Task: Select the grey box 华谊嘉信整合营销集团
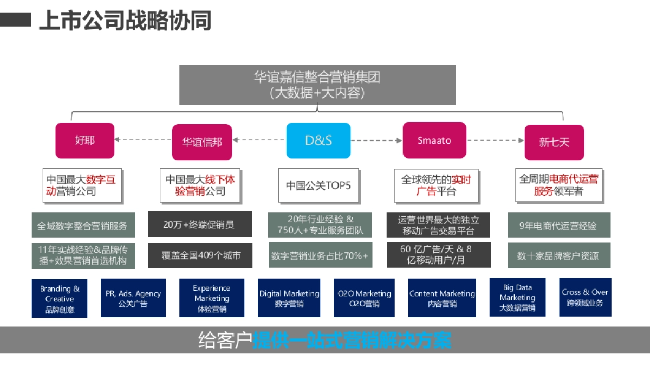(317, 85)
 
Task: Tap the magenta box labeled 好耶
(85, 140)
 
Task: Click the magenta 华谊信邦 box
(202, 142)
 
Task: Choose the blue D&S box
(318, 140)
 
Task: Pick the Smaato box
(434, 140)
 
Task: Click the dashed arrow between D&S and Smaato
(376, 140)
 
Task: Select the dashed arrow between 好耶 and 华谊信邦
(143, 140)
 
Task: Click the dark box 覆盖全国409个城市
(200, 255)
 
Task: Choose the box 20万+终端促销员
(200, 224)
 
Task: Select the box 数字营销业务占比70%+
(320, 255)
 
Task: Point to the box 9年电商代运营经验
(558, 226)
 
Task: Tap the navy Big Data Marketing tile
(517, 297)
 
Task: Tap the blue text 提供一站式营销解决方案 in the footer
(352, 341)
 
